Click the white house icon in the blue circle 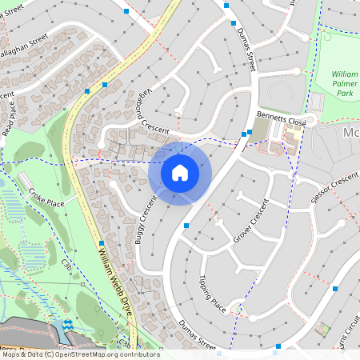tap(180, 172)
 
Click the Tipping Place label tap(212, 294)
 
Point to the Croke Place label tap(46, 198)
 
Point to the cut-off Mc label tap(350, 133)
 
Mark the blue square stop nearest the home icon tap(186, 226)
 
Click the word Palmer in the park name tap(345, 85)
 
